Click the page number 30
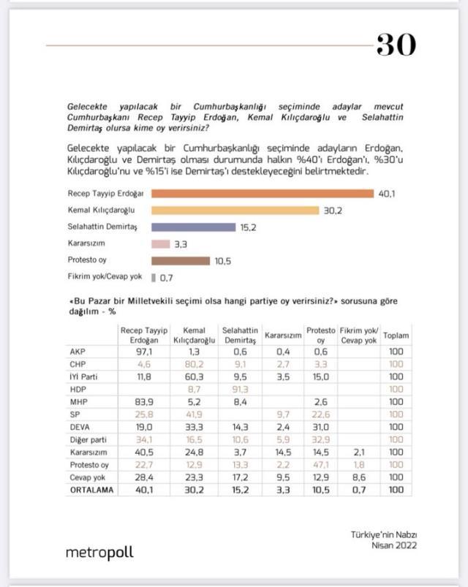click(396, 45)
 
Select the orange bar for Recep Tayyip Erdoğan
click(263, 194)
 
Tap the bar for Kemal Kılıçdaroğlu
click(235, 211)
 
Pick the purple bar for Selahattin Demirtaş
click(193, 227)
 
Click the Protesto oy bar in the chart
click(181, 261)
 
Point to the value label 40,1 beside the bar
click(386, 194)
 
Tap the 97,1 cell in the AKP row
click(143, 352)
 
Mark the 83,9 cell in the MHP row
click(143, 401)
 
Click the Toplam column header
click(396, 336)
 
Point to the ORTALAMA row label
click(88, 490)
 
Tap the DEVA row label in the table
click(78, 426)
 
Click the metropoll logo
click(99, 553)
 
